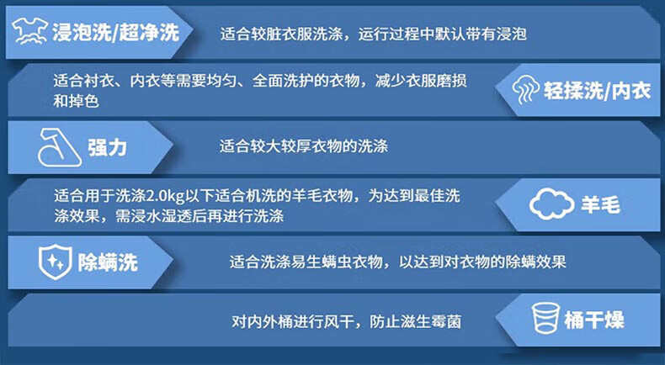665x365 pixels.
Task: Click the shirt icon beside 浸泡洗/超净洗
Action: (x=29, y=31)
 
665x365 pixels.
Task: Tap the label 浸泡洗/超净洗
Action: (x=115, y=33)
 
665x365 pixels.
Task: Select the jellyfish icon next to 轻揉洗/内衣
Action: (x=526, y=89)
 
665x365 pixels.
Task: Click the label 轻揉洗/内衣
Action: (x=597, y=91)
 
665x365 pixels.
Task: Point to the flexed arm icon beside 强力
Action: (x=60, y=146)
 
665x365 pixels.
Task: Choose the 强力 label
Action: (x=107, y=147)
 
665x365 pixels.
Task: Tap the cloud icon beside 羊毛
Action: (x=551, y=204)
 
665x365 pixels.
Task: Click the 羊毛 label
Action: (x=600, y=205)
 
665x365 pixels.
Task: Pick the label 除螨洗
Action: (x=108, y=262)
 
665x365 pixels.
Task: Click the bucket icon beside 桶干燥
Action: (x=545, y=319)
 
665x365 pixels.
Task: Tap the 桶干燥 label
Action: (x=594, y=320)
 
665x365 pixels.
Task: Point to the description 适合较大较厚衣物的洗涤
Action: (x=304, y=146)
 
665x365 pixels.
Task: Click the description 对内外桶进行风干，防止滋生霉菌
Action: (x=346, y=322)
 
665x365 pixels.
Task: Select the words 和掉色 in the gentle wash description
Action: (x=76, y=101)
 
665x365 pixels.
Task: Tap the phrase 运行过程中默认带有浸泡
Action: (x=442, y=34)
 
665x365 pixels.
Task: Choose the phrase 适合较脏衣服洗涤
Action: (x=281, y=34)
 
